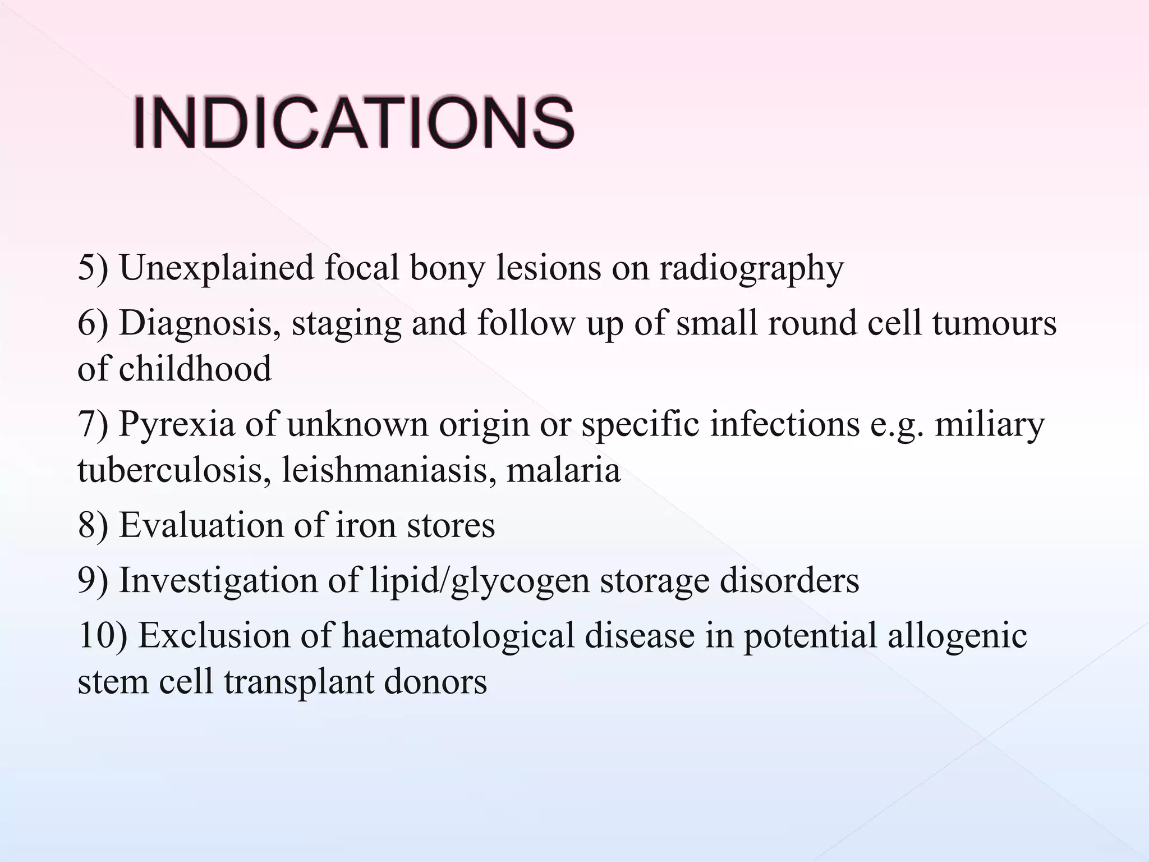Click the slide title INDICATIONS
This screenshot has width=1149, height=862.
353,123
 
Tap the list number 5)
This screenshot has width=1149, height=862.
93,268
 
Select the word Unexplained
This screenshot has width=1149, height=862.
217,268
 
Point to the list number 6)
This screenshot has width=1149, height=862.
93,324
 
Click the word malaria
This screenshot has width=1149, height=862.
563,470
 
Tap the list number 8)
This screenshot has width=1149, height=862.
93,525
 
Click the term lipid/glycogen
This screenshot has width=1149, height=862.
480,581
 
